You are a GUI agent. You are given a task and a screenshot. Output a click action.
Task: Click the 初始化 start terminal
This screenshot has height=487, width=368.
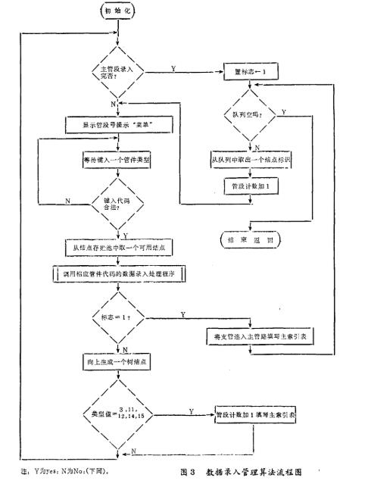[112, 13]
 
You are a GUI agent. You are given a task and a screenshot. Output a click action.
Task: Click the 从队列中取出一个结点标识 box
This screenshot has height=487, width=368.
[250, 161]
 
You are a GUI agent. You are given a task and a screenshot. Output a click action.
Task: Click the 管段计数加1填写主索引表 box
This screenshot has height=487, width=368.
[256, 414]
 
